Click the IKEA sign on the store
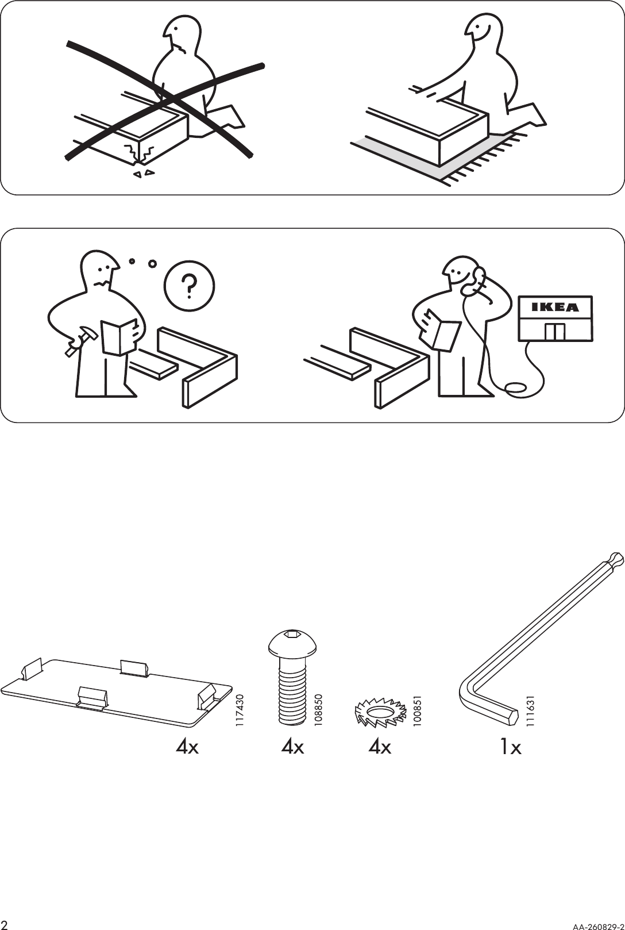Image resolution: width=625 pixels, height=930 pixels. click(555, 308)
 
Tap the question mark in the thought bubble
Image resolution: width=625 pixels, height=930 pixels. click(189, 286)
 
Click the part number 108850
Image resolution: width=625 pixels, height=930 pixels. click(319, 710)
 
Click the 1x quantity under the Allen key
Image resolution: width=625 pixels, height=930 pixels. click(510, 747)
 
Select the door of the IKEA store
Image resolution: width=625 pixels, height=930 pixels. click(555, 332)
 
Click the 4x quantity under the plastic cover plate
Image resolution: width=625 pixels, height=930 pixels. click(187, 747)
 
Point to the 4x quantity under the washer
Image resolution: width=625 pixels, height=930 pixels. click(380, 747)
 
